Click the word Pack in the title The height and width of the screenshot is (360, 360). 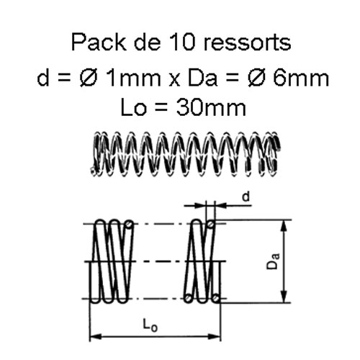[99, 42]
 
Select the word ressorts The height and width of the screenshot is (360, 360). [247, 43]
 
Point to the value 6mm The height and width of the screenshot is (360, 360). [301, 78]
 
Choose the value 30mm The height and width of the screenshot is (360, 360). [211, 107]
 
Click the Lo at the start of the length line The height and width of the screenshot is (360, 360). [133, 107]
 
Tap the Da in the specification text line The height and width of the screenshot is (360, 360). [202, 78]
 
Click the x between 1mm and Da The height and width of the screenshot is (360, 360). [174, 80]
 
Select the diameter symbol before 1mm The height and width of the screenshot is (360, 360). [88, 78]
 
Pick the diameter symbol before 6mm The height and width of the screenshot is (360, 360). [256, 78]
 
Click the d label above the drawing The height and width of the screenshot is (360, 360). [246, 197]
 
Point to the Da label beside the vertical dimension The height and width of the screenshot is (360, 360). [274, 261]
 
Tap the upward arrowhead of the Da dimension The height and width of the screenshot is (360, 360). [284, 227]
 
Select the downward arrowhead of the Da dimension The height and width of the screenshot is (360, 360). [284, 296]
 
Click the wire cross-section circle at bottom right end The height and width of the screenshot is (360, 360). [216, 298]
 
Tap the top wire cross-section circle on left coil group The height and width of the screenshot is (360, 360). [130, 224]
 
